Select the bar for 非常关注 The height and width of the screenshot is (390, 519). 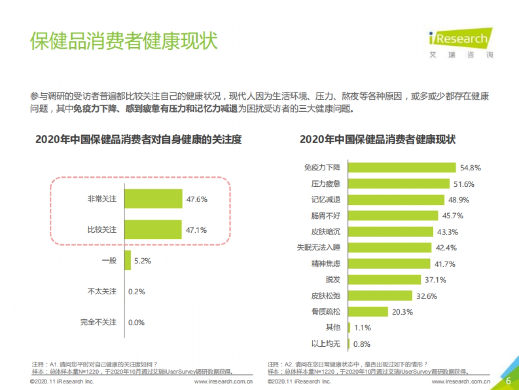pos(153,199)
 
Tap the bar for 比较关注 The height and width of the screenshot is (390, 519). pos(153,230)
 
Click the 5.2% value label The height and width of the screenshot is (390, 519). pos(142,261)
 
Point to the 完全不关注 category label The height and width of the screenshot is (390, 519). pos(98,322)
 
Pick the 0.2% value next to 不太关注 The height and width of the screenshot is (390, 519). pos(137,292)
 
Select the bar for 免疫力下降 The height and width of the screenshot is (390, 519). pos(402,168)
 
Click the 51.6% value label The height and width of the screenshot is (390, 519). pos(464,184)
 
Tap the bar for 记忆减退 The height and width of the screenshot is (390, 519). pos(396,200)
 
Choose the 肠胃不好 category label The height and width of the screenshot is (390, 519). pos(326,215)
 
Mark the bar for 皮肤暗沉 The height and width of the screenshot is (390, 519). pos(391,231)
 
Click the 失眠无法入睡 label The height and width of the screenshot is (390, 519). pos(318,247)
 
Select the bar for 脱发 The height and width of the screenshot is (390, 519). pos(384,279)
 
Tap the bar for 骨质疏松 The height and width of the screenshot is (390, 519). pos(368,312)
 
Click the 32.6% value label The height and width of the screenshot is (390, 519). pos(426,296)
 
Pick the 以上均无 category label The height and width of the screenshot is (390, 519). pos(326,344)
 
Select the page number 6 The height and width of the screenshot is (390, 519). pos(508,380)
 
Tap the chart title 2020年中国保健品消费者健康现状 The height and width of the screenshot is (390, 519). pos(378,140)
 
